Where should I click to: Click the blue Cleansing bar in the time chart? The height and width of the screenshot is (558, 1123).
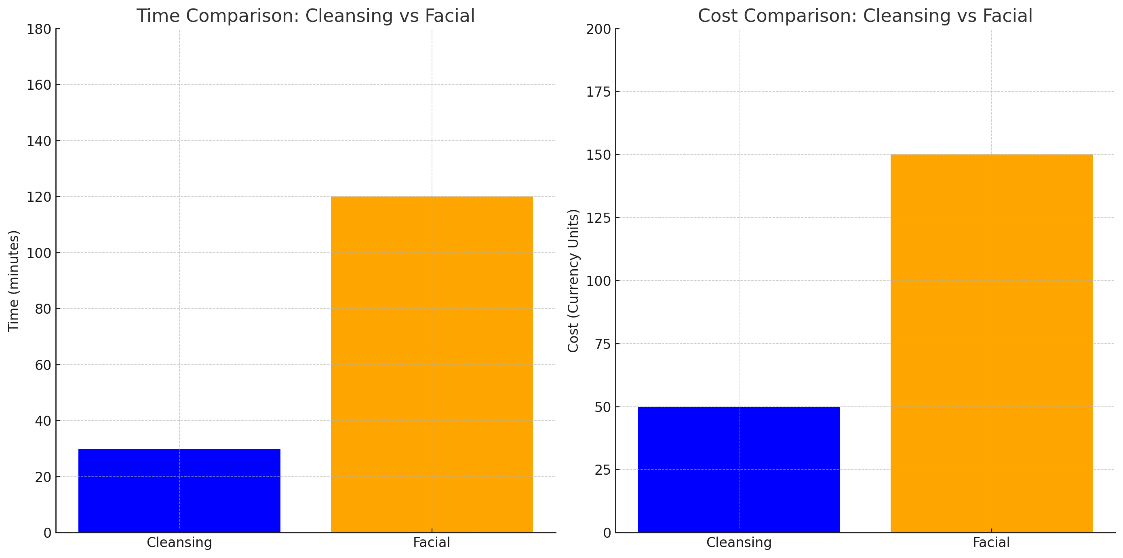pyautogui.click(x=179, y=490)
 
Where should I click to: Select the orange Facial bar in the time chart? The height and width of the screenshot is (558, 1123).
pyautogui.click(x=432, y=364)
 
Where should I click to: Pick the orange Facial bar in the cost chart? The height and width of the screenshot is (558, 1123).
pyautogui.click(x=991, y=343)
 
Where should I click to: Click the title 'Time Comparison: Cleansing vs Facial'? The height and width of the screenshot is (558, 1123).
pyautogui.click(x=305, y=16)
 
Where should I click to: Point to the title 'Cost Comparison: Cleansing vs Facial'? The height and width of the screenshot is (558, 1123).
pyautogui.click(x=865, y=16)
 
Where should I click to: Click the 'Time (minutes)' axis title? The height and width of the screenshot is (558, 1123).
pyautogui.click(x=13, y=281)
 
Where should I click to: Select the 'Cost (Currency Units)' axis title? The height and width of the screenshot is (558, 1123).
pyautogui.click(x=573, y=281)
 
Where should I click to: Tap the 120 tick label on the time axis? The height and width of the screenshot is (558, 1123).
pyautogui.click(x=39, y=197)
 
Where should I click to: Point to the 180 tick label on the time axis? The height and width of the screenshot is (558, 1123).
pyautogui.click(x=39, y=29)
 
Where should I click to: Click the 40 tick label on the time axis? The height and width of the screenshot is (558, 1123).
pyautogui.click(x=43, y=421)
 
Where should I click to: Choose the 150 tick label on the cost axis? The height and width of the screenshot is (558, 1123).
pyautogui.click(x=598, y=155)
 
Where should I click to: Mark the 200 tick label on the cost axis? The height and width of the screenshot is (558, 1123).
pyautogui.click(x=598, y=29)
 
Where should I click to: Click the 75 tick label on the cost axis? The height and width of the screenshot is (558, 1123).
pyautogui.click(x=603, y=344)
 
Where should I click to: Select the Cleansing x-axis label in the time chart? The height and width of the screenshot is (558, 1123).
pyautogui.click(x=179, y=542)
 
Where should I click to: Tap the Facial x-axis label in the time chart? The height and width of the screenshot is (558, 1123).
pyautogui.click(x=432, y=542)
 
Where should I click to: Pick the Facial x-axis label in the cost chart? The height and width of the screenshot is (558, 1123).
pyautogui.click(x=991, y=542)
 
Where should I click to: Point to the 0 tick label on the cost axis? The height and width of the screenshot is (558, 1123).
pyautogui.click(x=607, y=533)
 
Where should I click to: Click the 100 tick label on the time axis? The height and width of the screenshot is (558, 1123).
pyautogui.click(x=39, y=253)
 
